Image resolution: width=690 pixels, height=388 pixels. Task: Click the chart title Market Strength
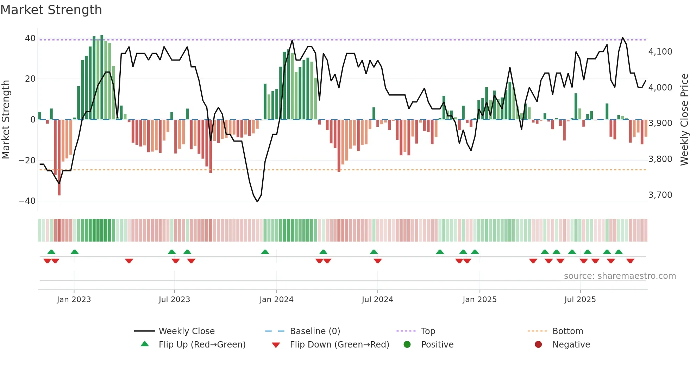click(51, 10)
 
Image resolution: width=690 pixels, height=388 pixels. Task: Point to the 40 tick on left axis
click(30, 38)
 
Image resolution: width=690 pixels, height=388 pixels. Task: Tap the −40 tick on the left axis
click(27, 201)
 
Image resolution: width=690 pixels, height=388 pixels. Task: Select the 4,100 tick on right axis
click(660, 52)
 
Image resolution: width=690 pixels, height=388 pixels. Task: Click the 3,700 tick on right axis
click(660, 195)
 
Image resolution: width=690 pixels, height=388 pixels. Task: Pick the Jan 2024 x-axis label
click(276, 300)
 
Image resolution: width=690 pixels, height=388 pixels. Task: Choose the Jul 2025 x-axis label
click(580, 300)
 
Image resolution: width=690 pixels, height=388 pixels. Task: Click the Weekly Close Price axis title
click(684, 120)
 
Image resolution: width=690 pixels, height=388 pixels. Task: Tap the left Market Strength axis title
click(6, 120)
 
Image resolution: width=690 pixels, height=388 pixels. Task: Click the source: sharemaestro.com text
click(620, 276)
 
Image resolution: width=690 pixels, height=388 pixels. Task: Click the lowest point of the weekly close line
click(257, 202)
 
